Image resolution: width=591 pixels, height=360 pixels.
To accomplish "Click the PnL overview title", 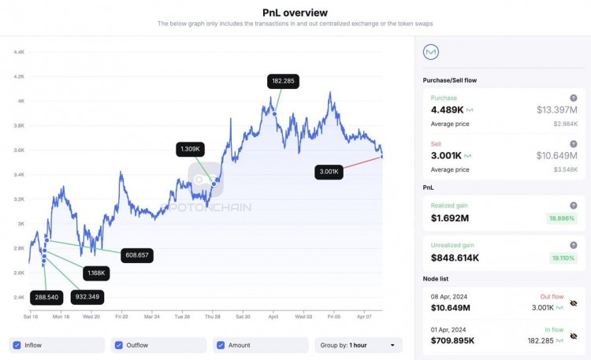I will (x=295, y=12).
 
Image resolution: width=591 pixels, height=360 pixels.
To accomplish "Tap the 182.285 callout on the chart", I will (x=283, y=80).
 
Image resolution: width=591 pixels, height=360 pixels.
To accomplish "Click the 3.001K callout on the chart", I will (x=327, y=172).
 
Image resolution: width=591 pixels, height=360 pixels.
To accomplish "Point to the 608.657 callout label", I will (x=137, y=255).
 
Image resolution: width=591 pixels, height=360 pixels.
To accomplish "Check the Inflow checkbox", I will (x=17, y=345).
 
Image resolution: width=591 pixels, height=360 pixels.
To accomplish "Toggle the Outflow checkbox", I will (x=119, y=345).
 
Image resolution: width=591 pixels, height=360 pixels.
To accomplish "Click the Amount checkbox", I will (x=221, y=345).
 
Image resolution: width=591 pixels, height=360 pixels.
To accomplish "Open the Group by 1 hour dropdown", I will (x=358, y=345).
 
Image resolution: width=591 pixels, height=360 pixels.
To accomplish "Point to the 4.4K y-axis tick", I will (x=18, y=52).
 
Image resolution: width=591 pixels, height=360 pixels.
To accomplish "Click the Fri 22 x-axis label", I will (x=121, y=317).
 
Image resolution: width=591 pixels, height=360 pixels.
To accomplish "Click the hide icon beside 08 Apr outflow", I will (x=573, y=302).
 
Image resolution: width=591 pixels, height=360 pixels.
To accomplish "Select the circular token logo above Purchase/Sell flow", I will (x=431, y=52).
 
